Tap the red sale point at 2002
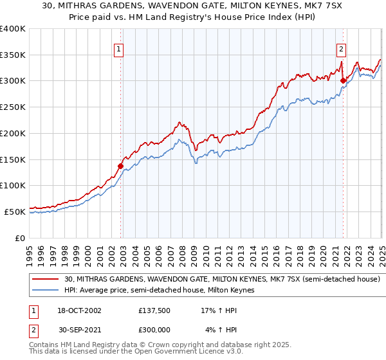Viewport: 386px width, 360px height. (120, 166)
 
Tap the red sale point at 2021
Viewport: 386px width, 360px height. (343, 80)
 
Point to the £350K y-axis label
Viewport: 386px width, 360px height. (12, 55)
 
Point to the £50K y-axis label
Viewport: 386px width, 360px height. (14, 212)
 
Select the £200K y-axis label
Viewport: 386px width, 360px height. (12, 133)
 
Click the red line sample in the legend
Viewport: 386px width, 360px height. (46, 280)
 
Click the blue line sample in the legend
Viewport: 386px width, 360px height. (46, 291)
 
